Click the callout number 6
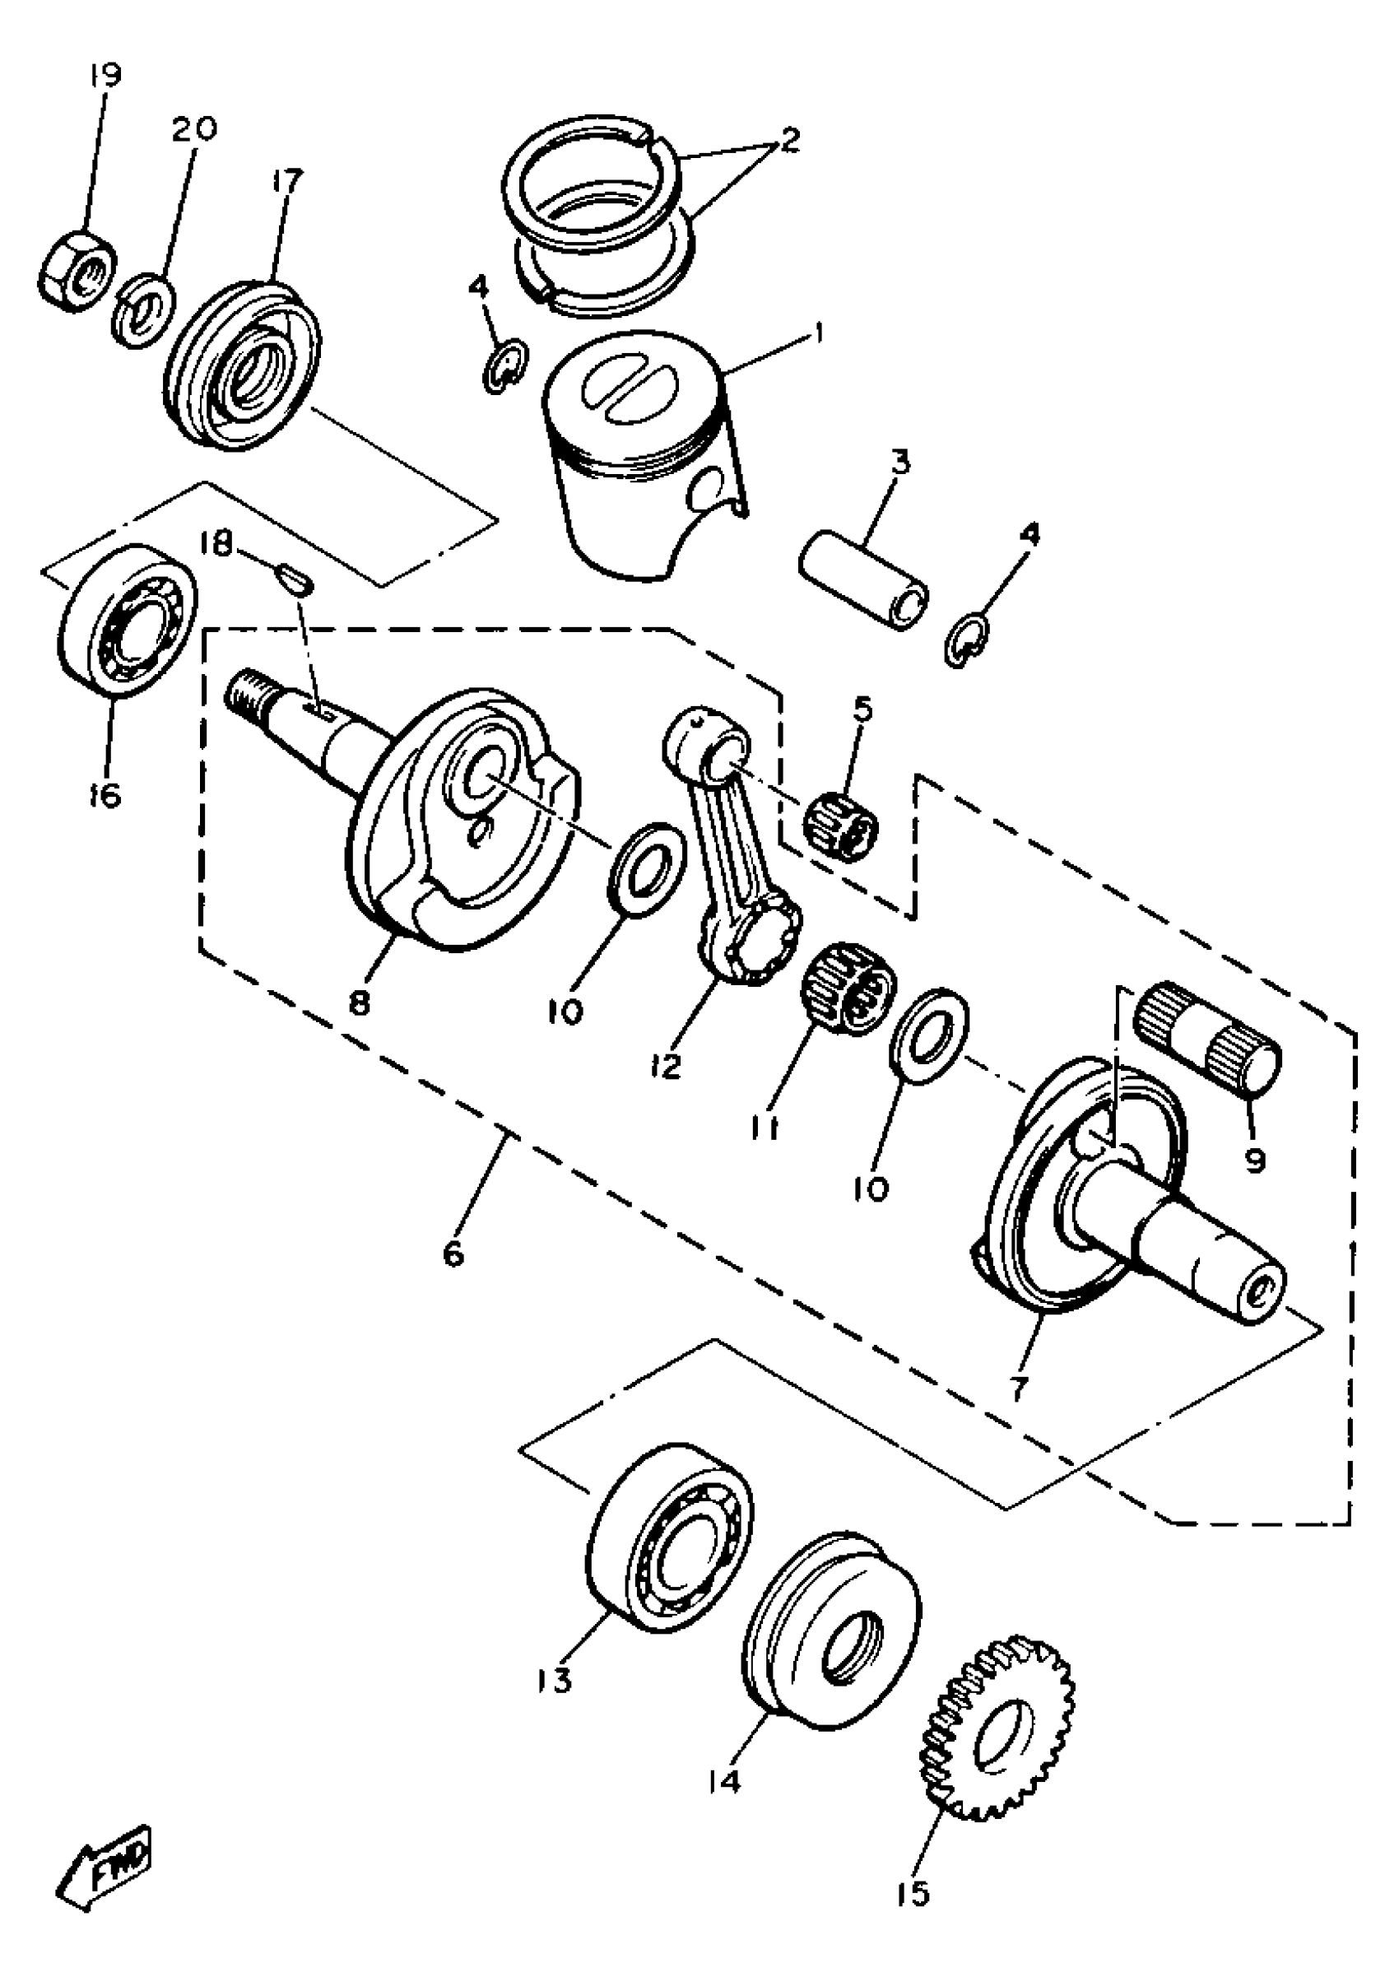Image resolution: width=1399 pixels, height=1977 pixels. (454, 1253)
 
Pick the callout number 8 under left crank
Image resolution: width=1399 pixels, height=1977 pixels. (360, 1002)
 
